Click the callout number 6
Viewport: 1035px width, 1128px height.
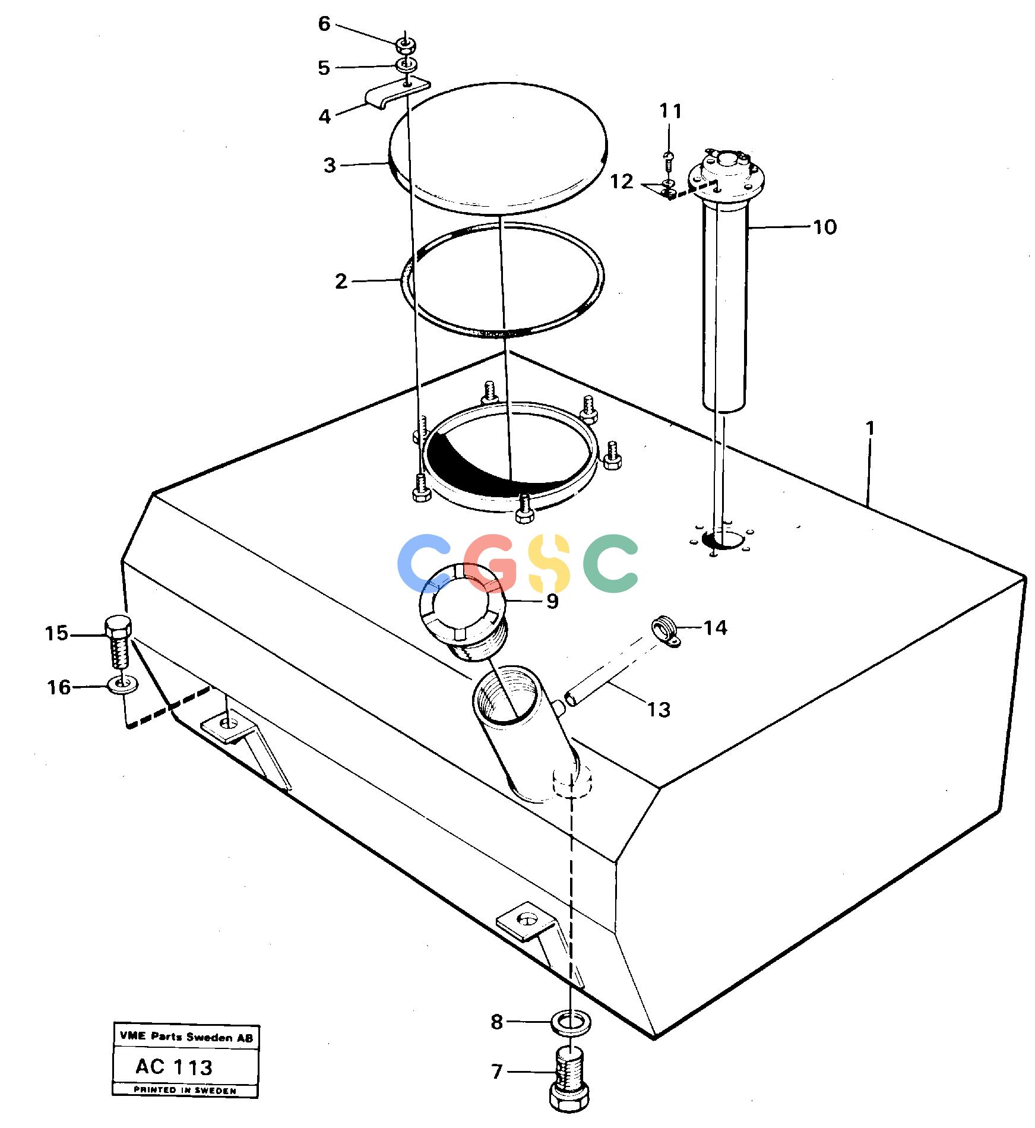324,24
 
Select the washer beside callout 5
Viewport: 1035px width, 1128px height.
406,64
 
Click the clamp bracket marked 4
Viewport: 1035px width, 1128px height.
396,92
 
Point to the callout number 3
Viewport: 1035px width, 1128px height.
330,165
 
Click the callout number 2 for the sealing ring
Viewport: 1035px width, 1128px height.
341,281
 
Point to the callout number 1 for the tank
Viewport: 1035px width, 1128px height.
870,428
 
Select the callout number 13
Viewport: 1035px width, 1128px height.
659,709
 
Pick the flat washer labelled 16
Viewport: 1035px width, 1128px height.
122,685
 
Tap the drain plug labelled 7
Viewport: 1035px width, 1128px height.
570,1083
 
